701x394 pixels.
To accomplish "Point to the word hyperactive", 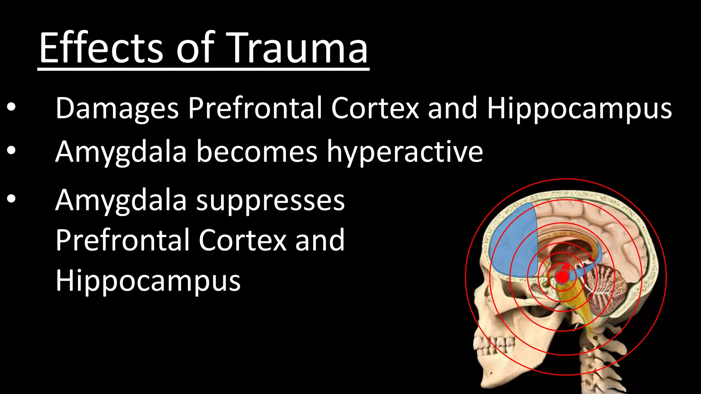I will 405,152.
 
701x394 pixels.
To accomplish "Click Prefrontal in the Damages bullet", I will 255,108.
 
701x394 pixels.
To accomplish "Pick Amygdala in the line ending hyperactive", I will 121,152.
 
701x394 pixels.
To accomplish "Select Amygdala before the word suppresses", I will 121,201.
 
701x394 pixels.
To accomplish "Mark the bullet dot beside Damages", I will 11,108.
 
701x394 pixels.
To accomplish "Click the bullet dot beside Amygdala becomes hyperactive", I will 11,150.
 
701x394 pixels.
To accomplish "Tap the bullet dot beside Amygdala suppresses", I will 11,199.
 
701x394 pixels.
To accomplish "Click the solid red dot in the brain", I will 562,277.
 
